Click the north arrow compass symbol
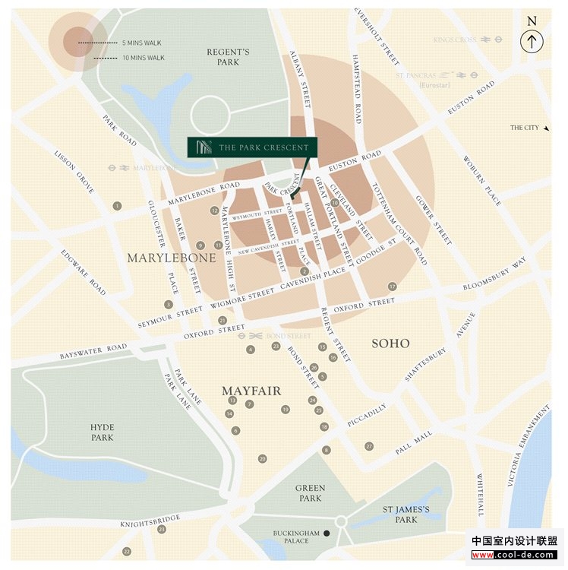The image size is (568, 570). (x=532, y=42)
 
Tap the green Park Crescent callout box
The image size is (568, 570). (x=253, y=147)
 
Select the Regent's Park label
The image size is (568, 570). (x=228, y=57)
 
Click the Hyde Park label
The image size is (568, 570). (x=102, y=432)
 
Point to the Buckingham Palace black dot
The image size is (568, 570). (x=327, y=534)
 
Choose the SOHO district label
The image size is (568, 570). (x=390, y=344)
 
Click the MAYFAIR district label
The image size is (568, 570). (x=251, y=391)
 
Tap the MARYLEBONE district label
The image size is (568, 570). (x=172, y=258)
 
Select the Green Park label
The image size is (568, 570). (x=310, y=493)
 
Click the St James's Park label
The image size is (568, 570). (x=406, y=515)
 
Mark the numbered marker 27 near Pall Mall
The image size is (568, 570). (x=369, y=446)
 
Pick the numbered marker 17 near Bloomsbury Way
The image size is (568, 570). (x=392, y=287)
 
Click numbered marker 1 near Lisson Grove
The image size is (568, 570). (x=117, y=206)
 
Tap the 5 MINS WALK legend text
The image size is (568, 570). (x=143, y=43)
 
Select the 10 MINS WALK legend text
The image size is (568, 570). (x=144, y=57)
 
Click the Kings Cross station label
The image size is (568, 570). (x=456, y=40)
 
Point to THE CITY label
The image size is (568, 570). (x=525, y=128)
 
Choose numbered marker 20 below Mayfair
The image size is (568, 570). (x=262, y=458)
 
